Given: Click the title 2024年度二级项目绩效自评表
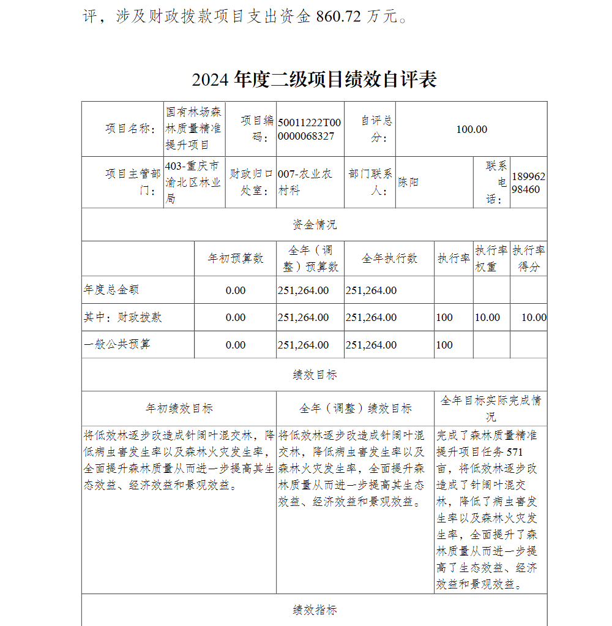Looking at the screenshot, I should point(314,80).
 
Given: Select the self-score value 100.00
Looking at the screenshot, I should point(471,129).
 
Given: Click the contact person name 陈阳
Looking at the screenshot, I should point(408,183).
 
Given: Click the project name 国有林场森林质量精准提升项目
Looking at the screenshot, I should point(194,129).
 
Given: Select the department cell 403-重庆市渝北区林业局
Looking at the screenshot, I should point(193,183).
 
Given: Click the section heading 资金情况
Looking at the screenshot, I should point(314,225).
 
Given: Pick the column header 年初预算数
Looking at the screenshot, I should point(236,258).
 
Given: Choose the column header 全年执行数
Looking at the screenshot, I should point(389,258).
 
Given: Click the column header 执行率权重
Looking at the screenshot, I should point(491,258).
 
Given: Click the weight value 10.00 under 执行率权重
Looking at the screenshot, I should point(487,317).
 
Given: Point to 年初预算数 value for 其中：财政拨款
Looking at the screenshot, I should point(236,317).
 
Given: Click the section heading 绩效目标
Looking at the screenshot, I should point(314,375).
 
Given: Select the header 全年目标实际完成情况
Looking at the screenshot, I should point(491,409).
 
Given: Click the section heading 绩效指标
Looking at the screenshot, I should point(314,610).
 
